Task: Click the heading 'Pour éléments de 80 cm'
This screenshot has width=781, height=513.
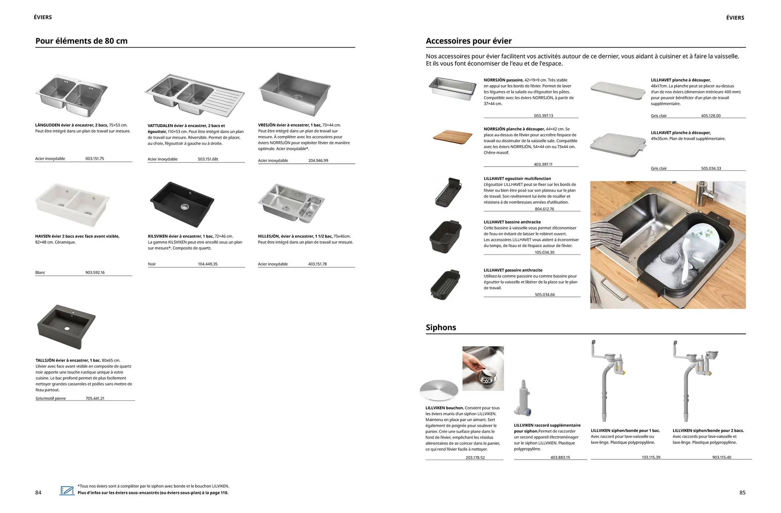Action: pos(81,41)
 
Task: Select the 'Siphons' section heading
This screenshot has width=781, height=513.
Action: pos(441,327)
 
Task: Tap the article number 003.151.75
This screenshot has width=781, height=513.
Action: pos(94,159)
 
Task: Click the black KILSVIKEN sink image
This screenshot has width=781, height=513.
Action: pos(182,204)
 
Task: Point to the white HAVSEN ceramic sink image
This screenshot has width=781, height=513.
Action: pos(72,204)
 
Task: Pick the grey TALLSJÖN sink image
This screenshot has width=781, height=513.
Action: pos(67,326)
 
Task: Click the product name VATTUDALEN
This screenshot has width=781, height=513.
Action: pos(160,126)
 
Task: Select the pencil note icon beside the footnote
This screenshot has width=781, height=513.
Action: pos(67,491)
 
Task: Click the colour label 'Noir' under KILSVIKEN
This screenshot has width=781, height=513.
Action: pos(152,264)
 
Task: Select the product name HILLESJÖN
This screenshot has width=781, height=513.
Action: pos(268,236)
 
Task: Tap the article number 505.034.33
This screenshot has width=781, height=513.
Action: pos(711,169)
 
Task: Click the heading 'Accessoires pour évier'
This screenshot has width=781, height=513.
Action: pos(468,41)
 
